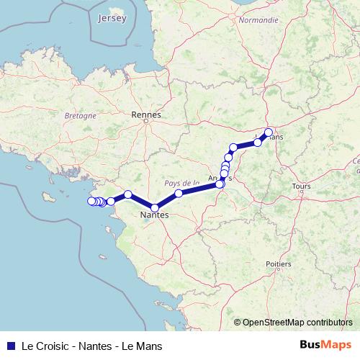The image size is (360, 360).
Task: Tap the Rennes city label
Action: point(146,114)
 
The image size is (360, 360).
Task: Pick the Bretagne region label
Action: point(81,115)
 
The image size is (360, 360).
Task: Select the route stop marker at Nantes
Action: point(155,208)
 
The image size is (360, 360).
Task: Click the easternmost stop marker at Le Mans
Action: point(269,132)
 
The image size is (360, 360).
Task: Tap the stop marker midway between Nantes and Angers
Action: point(179,194)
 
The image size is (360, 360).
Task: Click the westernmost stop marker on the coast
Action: point(91,201)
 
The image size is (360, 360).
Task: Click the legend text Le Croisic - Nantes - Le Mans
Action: point(91,346)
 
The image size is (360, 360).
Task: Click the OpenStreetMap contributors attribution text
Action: point(297,323)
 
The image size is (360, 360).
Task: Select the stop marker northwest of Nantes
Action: point(127,194)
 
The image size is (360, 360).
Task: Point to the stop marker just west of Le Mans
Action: point(258,143)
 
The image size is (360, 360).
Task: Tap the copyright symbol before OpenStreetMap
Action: point(238,323)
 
